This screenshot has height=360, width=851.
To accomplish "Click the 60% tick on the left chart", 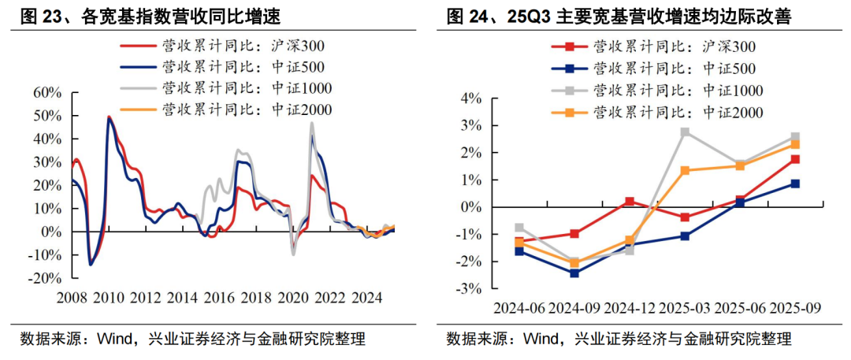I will pyautogui.click(x=46, y=94).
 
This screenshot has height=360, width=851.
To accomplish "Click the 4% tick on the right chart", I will pyautogui.click(x=471, y=98).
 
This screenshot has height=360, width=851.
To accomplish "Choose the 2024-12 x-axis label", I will pyautogui.click(x=630, y=307).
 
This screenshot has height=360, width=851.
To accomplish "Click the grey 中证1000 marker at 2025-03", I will pyautogui.click(x=685, y=132).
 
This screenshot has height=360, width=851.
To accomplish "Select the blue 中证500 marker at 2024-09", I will pyautogui.click(x=574, y=273).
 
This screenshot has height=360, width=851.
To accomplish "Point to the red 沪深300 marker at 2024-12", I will pyautogui.click(x=630, y=202).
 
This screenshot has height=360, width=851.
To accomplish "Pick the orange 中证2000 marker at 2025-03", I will pyautogui.click(x=685, y=170).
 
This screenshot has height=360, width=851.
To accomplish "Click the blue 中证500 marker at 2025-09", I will pyautogui.click(x=795, y=184).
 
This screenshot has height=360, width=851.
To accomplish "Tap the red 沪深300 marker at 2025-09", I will pyautogui.click(x=795, y=159).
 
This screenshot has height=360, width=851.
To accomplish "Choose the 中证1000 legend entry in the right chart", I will pyautogui.click(x=678, y=91).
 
